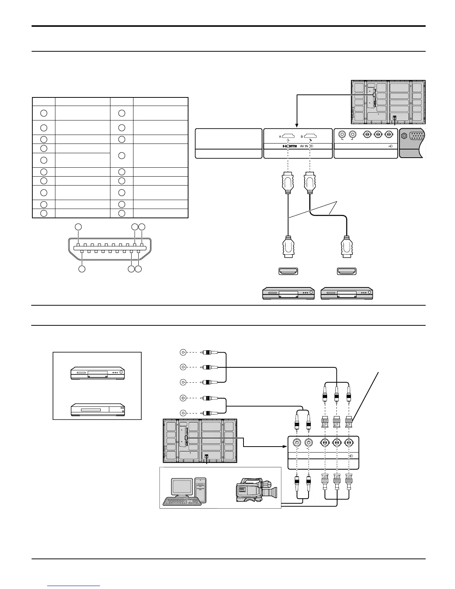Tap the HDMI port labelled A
pos(288,136)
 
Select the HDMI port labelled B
pos(310,136)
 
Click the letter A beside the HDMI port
pos(280,136)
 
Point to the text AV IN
pos(304,146)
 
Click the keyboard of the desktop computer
pos(182,501)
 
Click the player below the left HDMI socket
pos(288,293)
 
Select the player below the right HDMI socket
pos(346,293)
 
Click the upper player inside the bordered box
pos(97,373)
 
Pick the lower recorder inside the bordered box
pos(97,409)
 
